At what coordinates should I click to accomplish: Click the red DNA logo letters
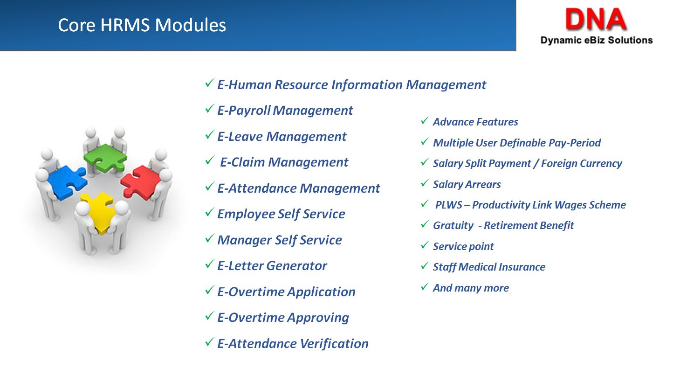pos(596,19)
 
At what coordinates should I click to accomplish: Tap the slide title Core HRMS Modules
pos(142,25)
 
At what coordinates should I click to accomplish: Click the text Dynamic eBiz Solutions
pos(597,40)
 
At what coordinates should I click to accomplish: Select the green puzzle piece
pos(105,158)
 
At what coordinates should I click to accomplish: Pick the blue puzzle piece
pos(67,182)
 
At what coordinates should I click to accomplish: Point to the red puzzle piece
pos(140,182)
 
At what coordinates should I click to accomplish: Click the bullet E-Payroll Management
pos(285,111)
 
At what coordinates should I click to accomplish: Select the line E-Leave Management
pos(282,137)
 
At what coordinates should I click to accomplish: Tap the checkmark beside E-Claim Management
pos(209,160)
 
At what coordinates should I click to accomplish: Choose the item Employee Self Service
pos(281,214)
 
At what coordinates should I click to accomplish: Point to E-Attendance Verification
pos(293,343)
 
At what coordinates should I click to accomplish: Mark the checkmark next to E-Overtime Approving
pos(209,316)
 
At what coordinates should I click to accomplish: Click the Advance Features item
pos(475,122)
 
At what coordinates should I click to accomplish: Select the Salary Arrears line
pos(467,185)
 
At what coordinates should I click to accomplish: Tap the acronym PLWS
pos(449,205)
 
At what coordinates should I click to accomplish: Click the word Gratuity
pos(453,226)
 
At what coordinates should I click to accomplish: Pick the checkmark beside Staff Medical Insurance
pos(425,265)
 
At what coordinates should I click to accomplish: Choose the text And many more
pos(471,288)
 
